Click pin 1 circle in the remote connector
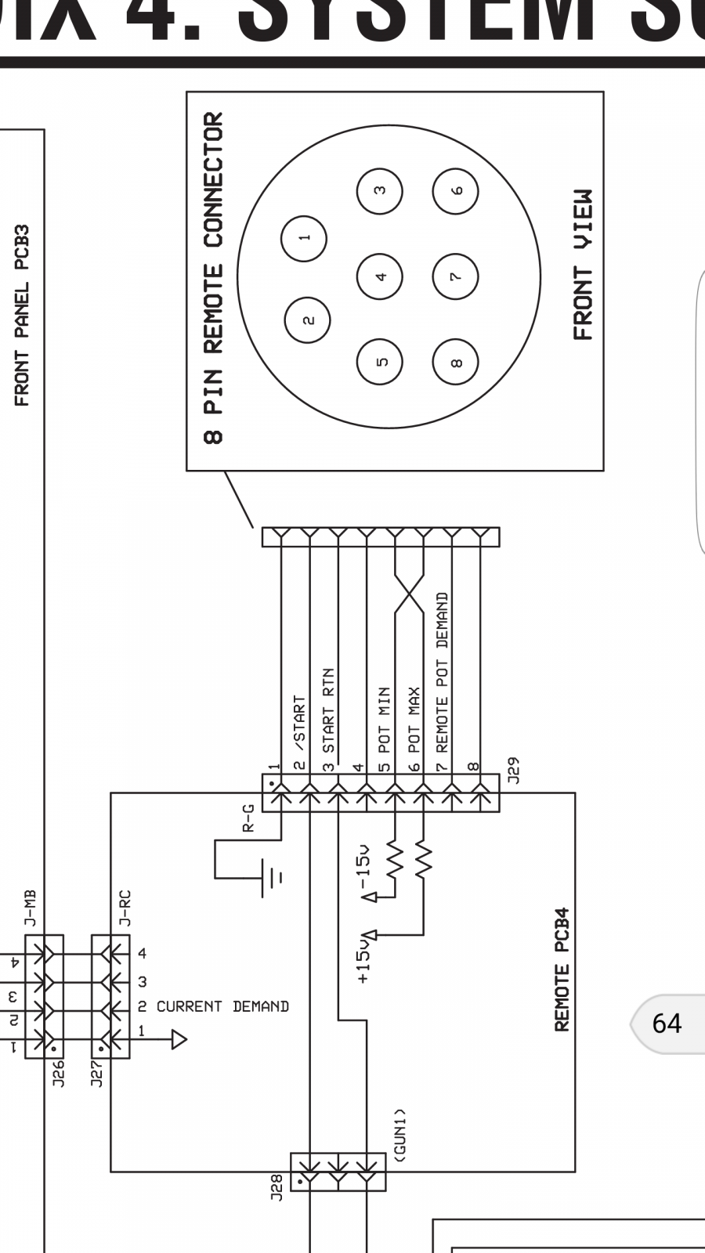click(305, 237)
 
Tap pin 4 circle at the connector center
click(380, 276)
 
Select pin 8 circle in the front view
click(456, 362)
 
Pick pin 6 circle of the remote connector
click(456, 190)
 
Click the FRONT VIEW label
click(583, 264)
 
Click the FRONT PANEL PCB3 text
click(22, 315)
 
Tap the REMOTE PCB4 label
click(561, 970)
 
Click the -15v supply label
click(363, 872)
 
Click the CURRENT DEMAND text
click(222, 1006)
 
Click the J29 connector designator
click(513, 771)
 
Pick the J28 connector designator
click(276, 1187)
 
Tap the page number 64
click(667, 1024)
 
